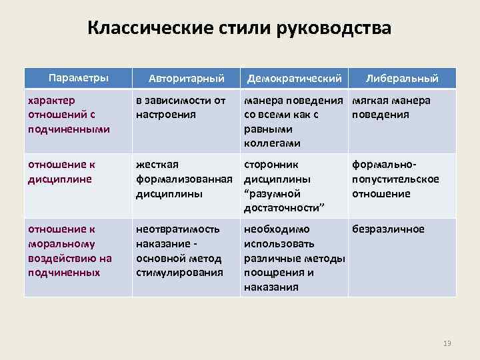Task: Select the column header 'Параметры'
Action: point(79,77)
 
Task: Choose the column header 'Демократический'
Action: point(294,79)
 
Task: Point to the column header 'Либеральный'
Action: point(402,79)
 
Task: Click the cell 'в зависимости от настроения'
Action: point(181,107)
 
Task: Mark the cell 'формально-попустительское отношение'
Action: point(395,179)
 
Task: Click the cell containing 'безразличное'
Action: point(389,229)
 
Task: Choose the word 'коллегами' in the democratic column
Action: point(272,143)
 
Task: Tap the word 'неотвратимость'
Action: point(178,229)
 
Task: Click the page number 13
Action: point(447,343)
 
